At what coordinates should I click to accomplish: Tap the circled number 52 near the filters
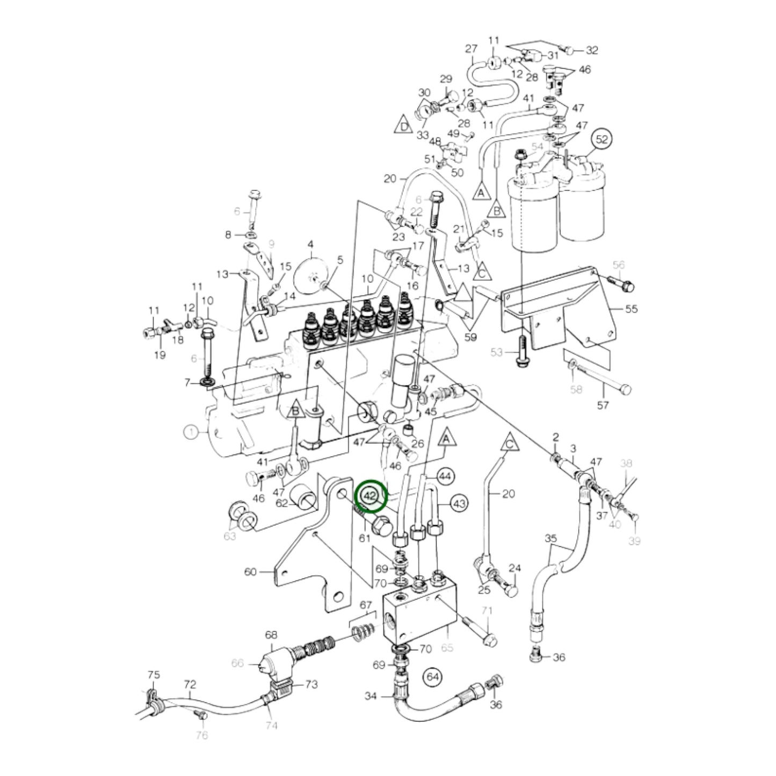tap(603, 139)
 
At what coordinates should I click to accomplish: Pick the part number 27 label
tap(471, 49)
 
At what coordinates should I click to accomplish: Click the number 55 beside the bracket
tap(631, 309)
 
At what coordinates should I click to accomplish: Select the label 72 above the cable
tap(190, 685)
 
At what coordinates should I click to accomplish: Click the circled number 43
tap(459, 504)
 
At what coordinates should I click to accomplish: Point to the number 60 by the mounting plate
tap(251, 572)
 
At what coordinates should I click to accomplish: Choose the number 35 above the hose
tap(552, 538)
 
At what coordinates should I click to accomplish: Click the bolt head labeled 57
tap(626, 389)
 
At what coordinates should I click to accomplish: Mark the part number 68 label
tap(271, 634)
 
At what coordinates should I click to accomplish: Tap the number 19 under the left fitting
tap(160, 355)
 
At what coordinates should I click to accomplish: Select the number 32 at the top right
tap(592, 50)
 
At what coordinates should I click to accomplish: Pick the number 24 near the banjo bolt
tap(515, 568)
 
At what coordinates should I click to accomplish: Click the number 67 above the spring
tap(366, 605)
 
